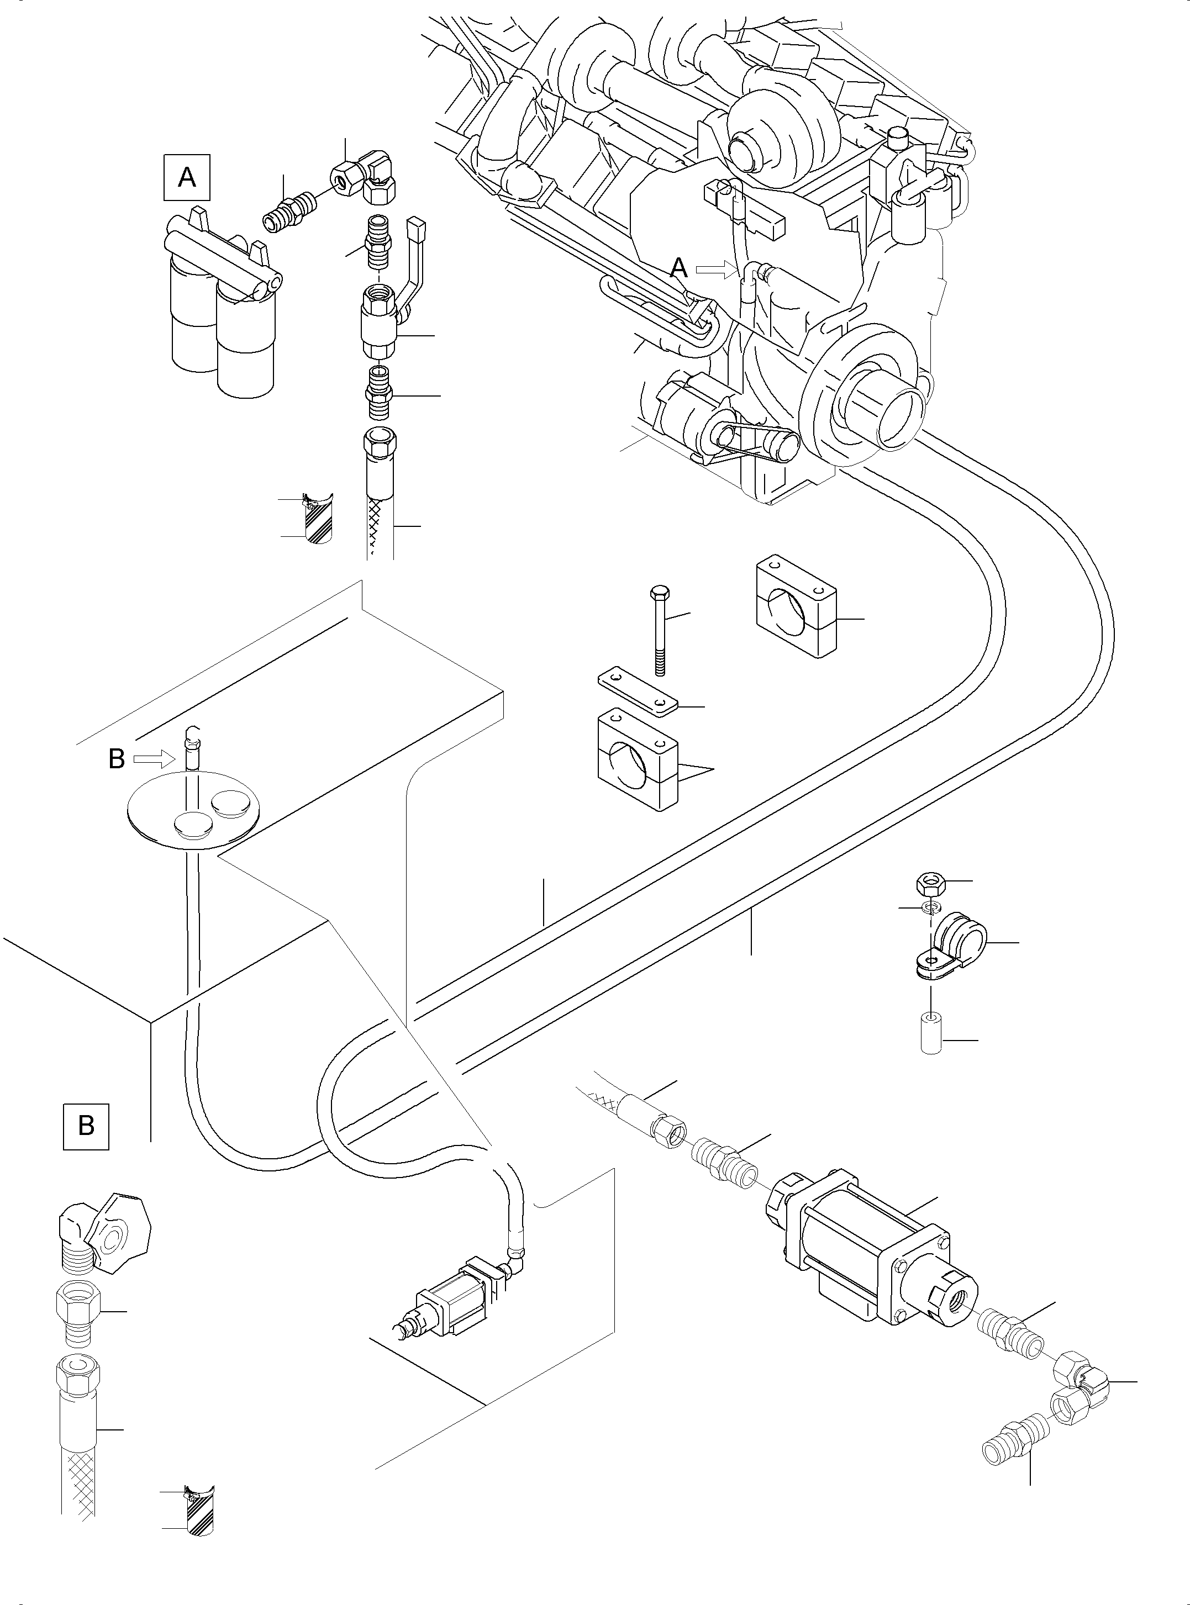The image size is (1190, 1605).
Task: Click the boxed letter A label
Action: click(x=187, y=176)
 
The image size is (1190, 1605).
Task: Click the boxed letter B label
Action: click(x=86, y=1126)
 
